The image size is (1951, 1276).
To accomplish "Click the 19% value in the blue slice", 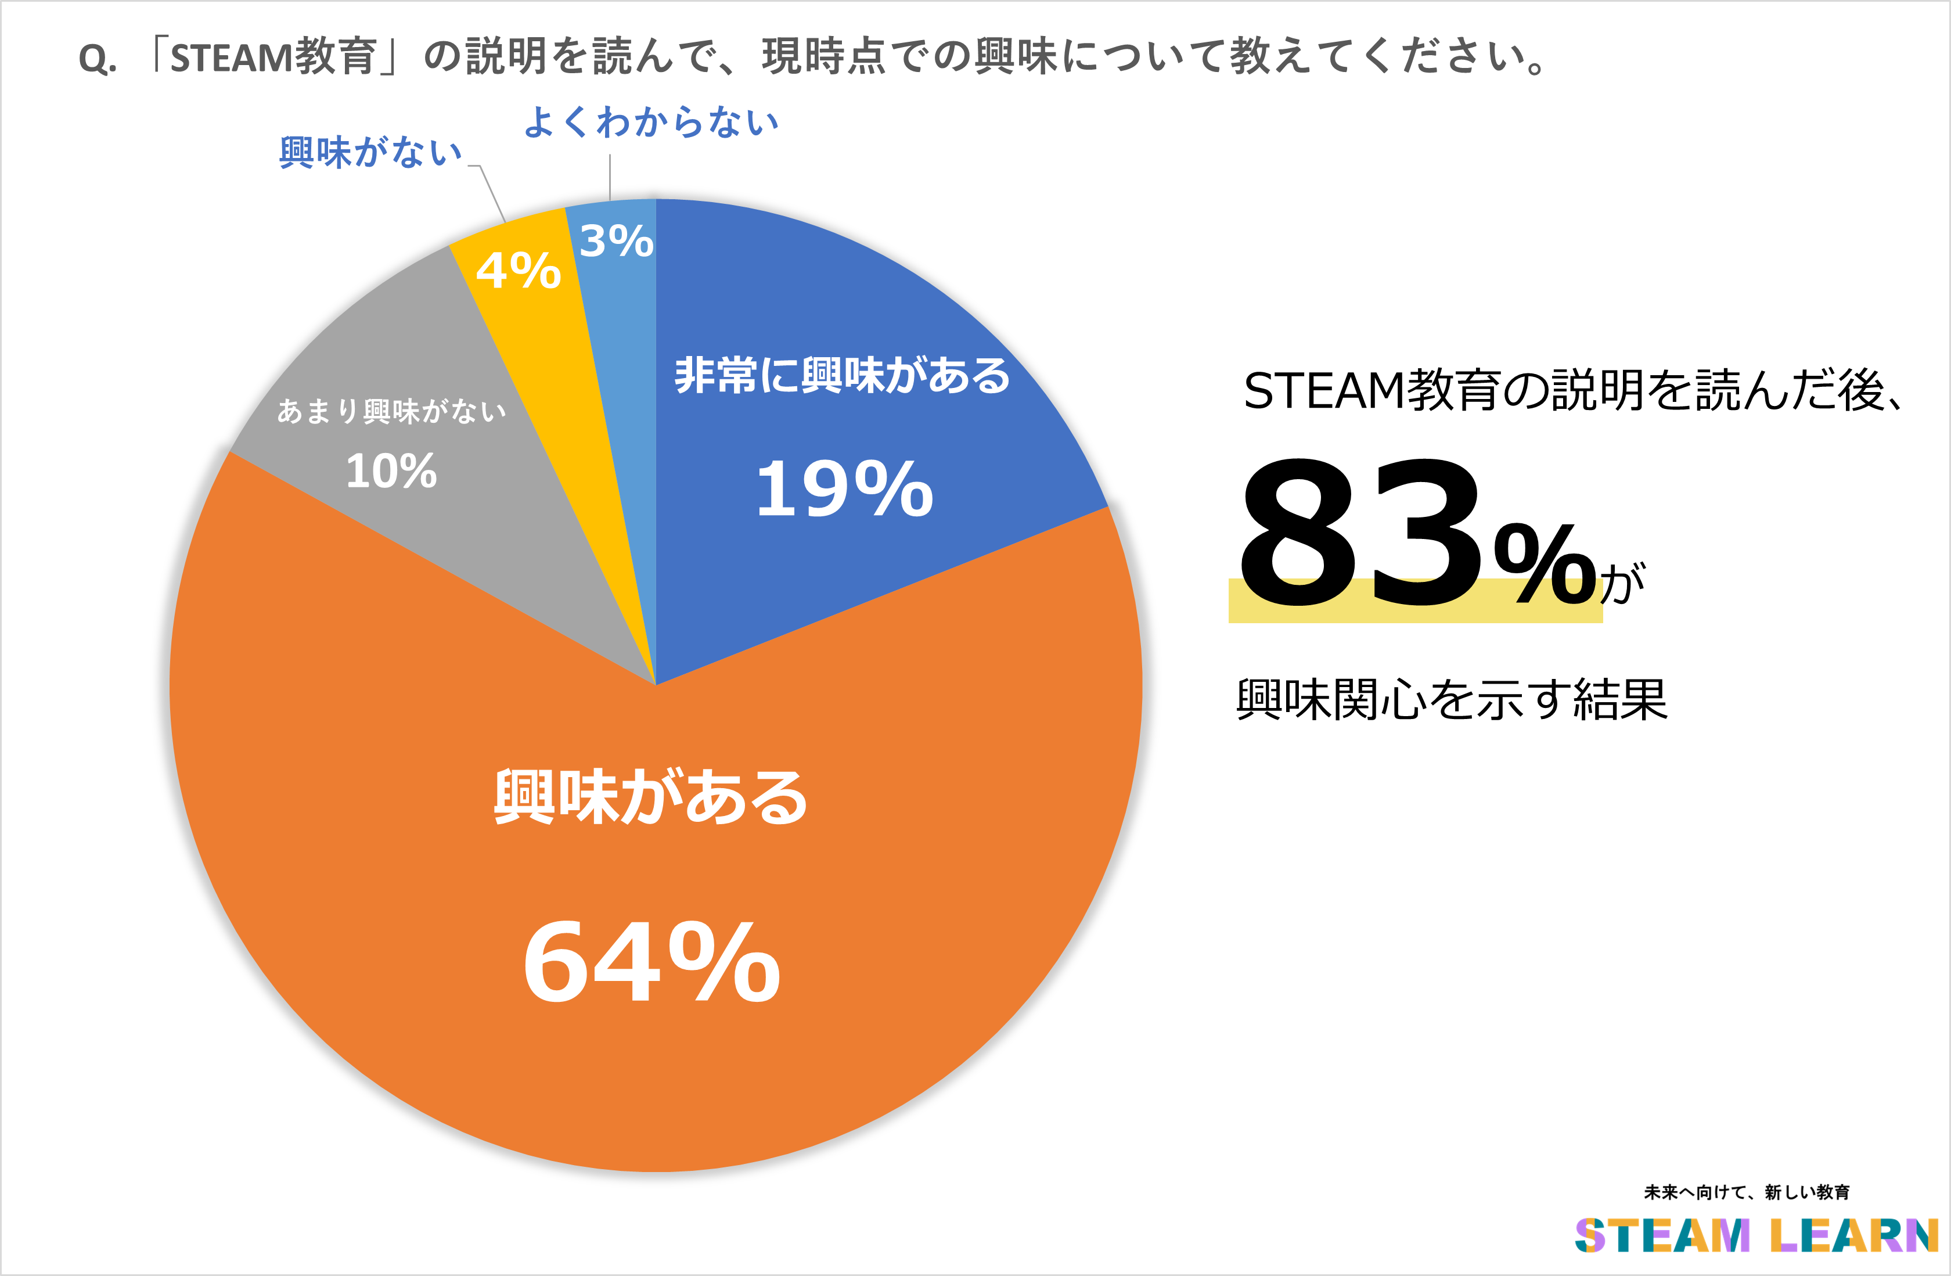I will (844, 490).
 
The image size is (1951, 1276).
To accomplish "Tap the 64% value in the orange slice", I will (651, 961).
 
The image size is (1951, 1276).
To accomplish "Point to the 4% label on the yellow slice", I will (518, 271).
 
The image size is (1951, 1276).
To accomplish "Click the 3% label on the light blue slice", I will (617, 241).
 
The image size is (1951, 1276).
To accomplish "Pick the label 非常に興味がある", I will (842, 376).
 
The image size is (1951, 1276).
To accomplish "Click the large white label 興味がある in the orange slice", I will (650, 797).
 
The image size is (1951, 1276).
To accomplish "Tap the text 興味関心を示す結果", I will (1451, 699).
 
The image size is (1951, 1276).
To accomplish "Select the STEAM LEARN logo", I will (1756, 1236).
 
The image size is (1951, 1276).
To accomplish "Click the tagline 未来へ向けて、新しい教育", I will (1746, 1192).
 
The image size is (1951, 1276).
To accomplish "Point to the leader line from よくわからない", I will (609, 177).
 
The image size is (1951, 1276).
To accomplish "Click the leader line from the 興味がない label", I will (492, 193).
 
